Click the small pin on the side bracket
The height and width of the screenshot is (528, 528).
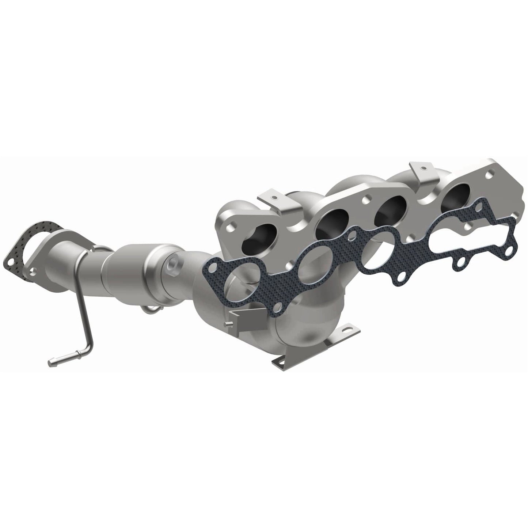click(227, 323)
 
